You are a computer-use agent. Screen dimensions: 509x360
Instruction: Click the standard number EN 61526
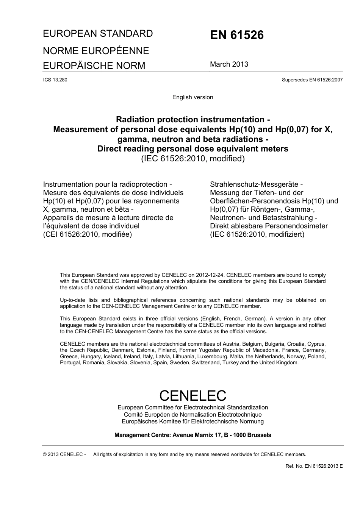(236, 35)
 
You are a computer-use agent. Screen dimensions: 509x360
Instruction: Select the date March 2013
(229, 64)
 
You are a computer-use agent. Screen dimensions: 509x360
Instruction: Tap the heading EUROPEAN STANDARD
(98, 34)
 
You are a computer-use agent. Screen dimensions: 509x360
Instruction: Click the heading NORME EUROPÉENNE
(96, 51)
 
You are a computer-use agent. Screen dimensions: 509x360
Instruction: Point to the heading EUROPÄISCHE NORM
(94, 66)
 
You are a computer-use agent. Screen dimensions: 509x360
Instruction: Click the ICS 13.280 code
(55, 80)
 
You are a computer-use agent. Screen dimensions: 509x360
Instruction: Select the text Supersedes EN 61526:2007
(312, 80)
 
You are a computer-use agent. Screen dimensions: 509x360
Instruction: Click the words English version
(193, 97)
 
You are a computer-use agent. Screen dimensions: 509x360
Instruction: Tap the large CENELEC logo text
(193, 395)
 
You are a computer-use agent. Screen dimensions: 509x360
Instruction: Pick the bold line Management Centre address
(193, 435)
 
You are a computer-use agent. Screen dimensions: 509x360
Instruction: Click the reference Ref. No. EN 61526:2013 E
(314, 466)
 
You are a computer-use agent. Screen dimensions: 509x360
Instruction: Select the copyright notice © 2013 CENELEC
(64, 454)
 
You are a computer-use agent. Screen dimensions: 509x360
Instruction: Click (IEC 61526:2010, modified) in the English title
(193, 159)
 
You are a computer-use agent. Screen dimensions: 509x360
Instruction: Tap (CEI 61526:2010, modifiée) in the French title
(88, 234)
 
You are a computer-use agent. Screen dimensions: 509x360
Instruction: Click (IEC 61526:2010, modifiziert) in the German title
(257, 234)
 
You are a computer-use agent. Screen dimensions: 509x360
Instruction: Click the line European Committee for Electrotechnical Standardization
(193, 408)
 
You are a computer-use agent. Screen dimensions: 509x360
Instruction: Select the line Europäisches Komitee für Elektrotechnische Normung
(193, 422)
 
